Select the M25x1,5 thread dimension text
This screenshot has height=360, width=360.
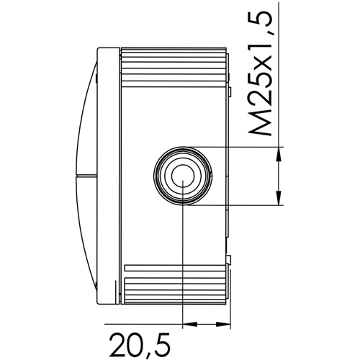coord(261,73)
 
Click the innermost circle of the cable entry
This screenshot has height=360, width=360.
coord(183,176)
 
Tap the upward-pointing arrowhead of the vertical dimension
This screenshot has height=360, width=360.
coord(279,154)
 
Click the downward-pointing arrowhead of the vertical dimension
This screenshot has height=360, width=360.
coord(279,198)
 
